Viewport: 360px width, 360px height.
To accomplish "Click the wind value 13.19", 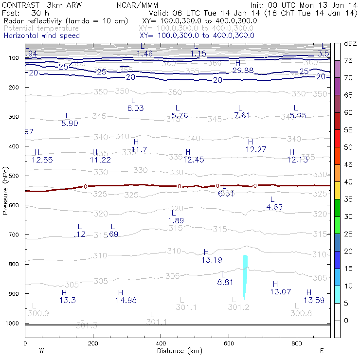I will tap(212, 259).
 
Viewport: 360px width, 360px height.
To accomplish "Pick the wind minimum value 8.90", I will tap(70, 124).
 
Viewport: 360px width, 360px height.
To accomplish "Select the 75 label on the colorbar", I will tap(348, 60).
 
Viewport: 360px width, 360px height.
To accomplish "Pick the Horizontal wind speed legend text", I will tap(41, 36).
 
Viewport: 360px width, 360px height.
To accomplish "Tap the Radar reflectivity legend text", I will tap(66, 21).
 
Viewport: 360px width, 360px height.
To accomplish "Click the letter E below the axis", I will tap(322, 350).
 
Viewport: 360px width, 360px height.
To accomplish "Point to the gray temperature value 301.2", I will tap(238, 307).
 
